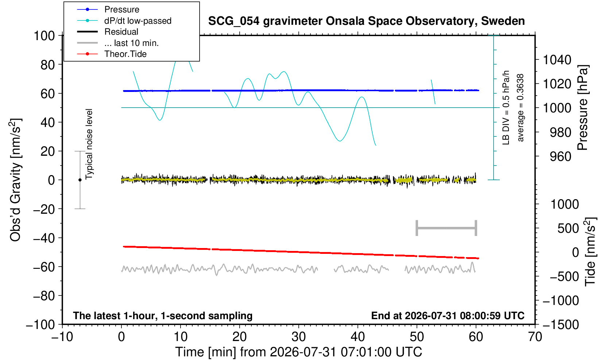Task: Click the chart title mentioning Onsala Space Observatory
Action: [x=366, y=21]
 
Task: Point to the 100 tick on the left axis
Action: [x=44, y=36]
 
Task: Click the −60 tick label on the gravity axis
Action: [x=44, y=267]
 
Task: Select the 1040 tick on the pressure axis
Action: [x=557, y=59]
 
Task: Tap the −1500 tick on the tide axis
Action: [x=560, y=325]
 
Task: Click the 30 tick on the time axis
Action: [x=298, y=337]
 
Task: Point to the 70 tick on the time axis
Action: [x=535, y=337]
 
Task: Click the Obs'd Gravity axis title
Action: [x=16, y=180]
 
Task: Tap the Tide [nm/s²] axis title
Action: [x=590, y=252]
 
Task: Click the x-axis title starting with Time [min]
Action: [x=298, y=352]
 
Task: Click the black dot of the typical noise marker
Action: [x=80, y=180]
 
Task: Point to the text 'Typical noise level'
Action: [x=89, y=144]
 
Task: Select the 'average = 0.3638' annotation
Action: [x=520, y=108]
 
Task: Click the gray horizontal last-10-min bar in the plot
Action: [x=447, y=228]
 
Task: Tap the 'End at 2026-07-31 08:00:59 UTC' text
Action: [x=448, y=316]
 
